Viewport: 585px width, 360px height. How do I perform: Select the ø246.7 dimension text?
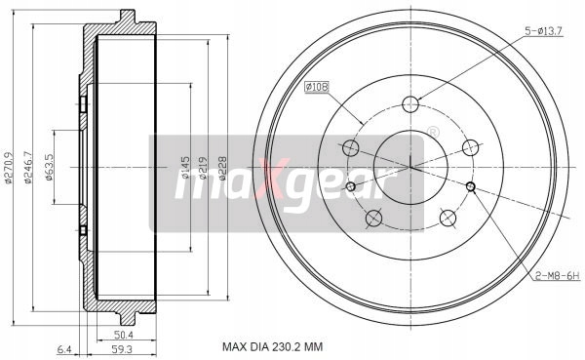28,168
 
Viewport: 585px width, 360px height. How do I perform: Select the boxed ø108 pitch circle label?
317,88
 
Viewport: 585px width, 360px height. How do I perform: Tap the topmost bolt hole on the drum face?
411,104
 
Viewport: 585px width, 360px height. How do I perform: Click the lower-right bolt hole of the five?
448,217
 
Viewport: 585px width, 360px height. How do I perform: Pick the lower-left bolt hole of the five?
371,218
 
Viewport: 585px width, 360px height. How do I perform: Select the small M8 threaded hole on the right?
470,187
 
